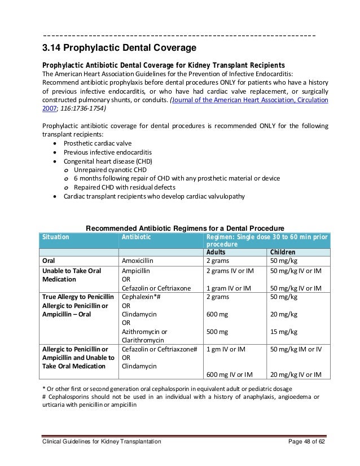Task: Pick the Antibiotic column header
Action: click(137, 238)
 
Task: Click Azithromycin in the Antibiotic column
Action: click(144, 332)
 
